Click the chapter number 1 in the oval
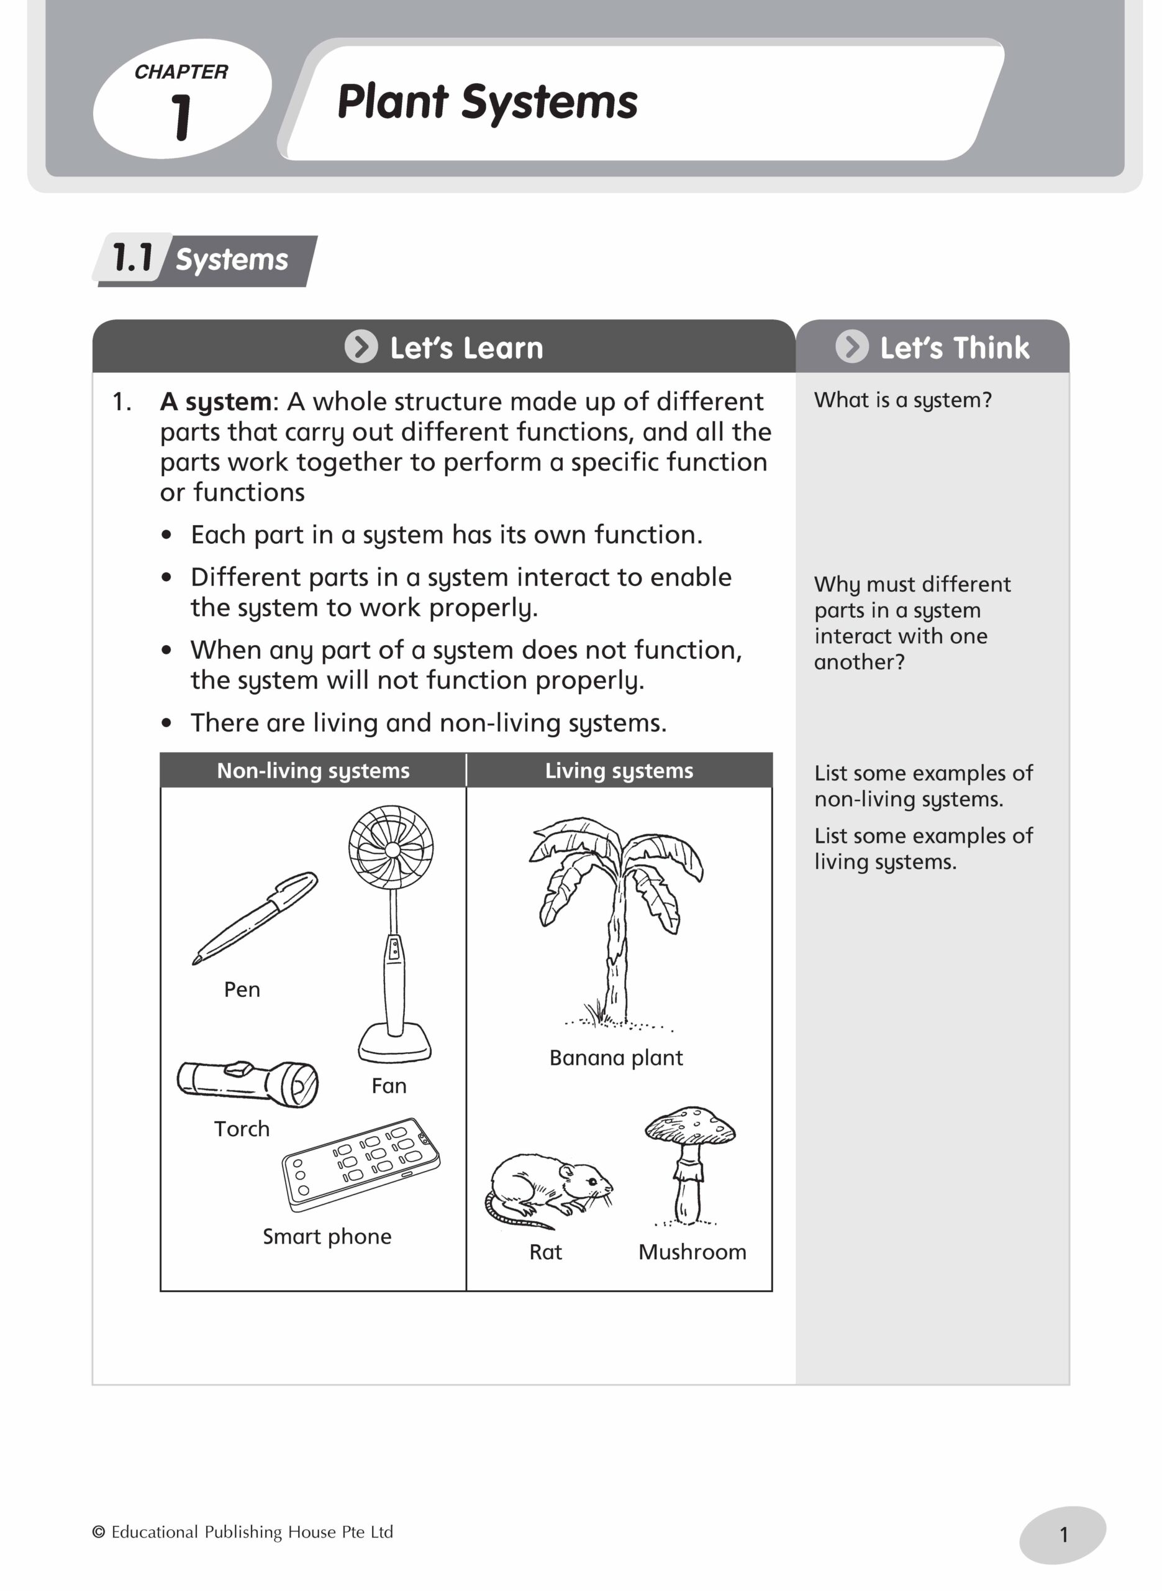181,117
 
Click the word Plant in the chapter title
393,102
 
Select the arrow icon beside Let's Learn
361,347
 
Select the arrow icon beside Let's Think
851,347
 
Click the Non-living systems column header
313,771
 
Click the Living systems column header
619,771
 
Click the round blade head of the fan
391,850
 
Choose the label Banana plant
615,1058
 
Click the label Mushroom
692,1252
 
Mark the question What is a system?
902,400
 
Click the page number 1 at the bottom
1063,1534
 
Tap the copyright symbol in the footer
99,1532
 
